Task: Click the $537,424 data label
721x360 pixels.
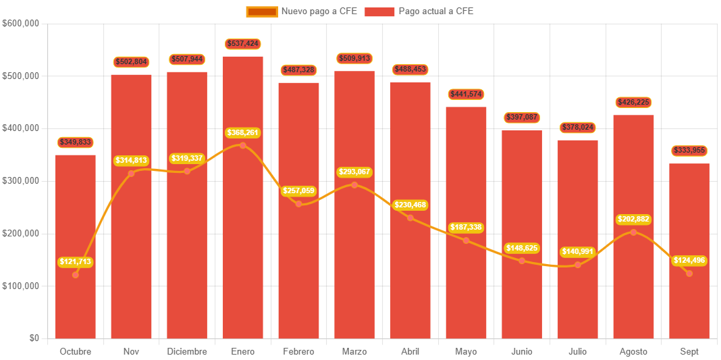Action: point(243,44)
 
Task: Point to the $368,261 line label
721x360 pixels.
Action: point(243,133)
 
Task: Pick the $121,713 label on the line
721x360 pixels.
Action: point(76,262)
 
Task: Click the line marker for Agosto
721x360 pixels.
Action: point(633,232)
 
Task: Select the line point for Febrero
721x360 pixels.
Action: point(299,204)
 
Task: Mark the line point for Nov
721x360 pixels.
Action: point(131,174)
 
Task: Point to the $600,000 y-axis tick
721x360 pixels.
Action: point(21,23)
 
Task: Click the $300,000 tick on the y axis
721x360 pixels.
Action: point(21,181)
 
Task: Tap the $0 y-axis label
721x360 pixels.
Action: point(34,338)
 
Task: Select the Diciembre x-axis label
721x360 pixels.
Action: point(187,352)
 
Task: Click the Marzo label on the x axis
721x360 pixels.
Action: point(354,352)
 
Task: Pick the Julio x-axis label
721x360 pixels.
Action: point(577,352)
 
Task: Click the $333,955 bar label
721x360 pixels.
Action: point(689,151)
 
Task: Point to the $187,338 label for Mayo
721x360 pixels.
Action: point(466,228)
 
